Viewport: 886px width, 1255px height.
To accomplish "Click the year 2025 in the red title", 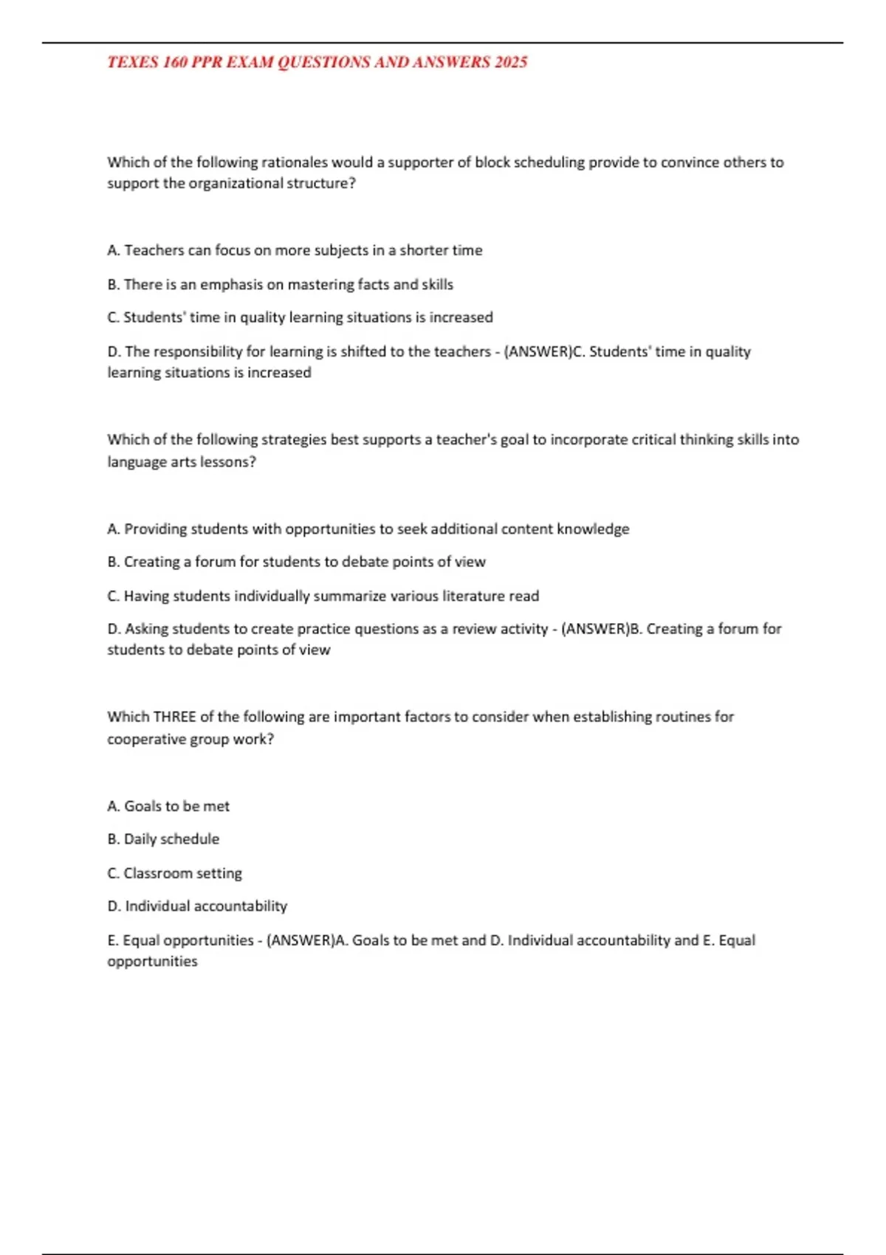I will pos(511,62).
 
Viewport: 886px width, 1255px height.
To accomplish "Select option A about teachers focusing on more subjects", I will pos(295,250).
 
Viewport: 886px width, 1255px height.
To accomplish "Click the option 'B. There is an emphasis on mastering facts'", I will pos(280,284).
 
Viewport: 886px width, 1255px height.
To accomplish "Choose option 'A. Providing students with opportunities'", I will pos(368,529).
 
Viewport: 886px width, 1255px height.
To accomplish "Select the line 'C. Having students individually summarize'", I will pos(323,596).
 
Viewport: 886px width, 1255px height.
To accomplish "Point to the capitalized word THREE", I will pos(174,717).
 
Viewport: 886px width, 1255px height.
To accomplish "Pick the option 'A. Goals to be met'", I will pos(168,806).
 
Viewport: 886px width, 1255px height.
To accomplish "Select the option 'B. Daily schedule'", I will pos(163,839).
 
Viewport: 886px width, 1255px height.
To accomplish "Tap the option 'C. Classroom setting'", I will pos(174,873).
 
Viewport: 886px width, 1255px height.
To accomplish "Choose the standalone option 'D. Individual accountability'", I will pos(197,907).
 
